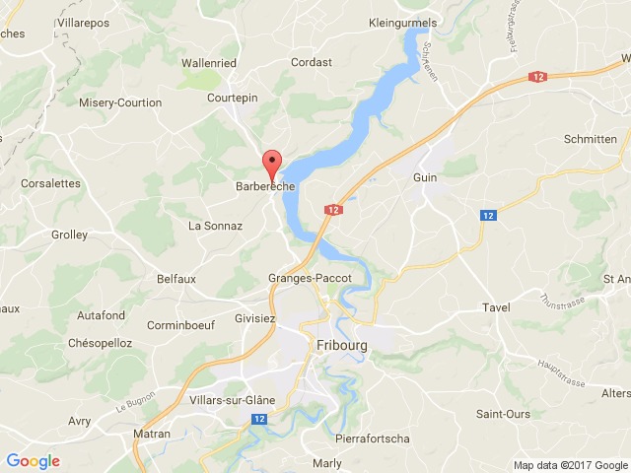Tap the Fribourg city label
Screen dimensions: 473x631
pyautogui.click(x=344, y=345)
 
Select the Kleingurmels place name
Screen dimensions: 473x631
pyautogui.click(x=402, y=21)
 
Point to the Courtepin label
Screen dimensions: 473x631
pyautogui.click(x=232, y=99)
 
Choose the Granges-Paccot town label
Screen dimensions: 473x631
pyautogui.click(x=310, y=279)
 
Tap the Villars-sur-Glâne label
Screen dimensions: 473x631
pyautogui.click(x=233, y=400)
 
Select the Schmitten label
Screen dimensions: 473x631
pyautogui.click(x=591, y=140)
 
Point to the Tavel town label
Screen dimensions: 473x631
pyautogui.click(x=496, y=307)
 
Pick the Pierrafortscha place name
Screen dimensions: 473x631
pyautogui.click(x=373, y=438)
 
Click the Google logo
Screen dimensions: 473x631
pyautogui.click(x=33, y=460)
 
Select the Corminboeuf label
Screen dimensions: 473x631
pyautogui.click(x=181, y=323)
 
